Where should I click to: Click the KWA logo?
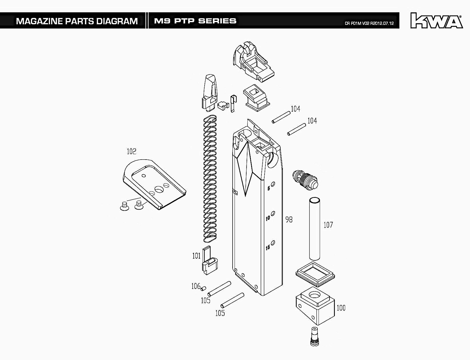point(437,21)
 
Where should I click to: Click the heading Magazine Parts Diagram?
point(77,21)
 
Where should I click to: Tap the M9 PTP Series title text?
point(195,21)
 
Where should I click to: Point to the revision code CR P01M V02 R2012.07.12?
point(369,23)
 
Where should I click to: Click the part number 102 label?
point(131,152)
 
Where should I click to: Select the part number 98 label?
point(289,220)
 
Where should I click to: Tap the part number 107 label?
point(328,225)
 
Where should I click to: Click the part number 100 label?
point(341,308)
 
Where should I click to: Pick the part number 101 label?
point(196,256)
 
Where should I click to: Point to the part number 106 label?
point(196,286)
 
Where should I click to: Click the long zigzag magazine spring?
point(210,177)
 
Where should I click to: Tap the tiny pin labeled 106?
point(203,289)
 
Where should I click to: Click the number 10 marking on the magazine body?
point(268,218)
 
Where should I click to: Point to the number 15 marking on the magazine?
point(268,248)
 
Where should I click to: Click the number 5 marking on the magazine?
point(269,188)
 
